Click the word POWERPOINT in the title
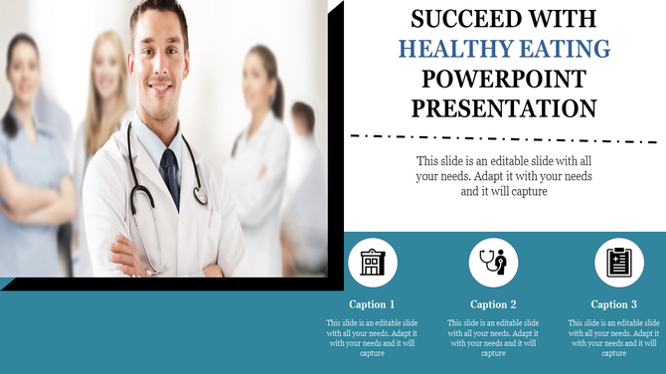tap(504, 79)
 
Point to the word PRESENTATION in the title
tap(504, 108)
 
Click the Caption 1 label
tap(372, 304)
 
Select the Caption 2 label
tap(493, 304)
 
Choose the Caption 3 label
tap(614, 304)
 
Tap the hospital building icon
tap(373, 263)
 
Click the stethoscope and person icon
tap(493, 263)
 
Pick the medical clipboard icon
tap(618, 263)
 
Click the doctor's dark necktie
tap(171, 174)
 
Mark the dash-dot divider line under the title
tap(504, 137)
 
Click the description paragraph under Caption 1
tap(372, 338)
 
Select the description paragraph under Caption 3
tap(614, 338)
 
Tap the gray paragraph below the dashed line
tap(504, 176)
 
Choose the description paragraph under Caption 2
tap(493, 338)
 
